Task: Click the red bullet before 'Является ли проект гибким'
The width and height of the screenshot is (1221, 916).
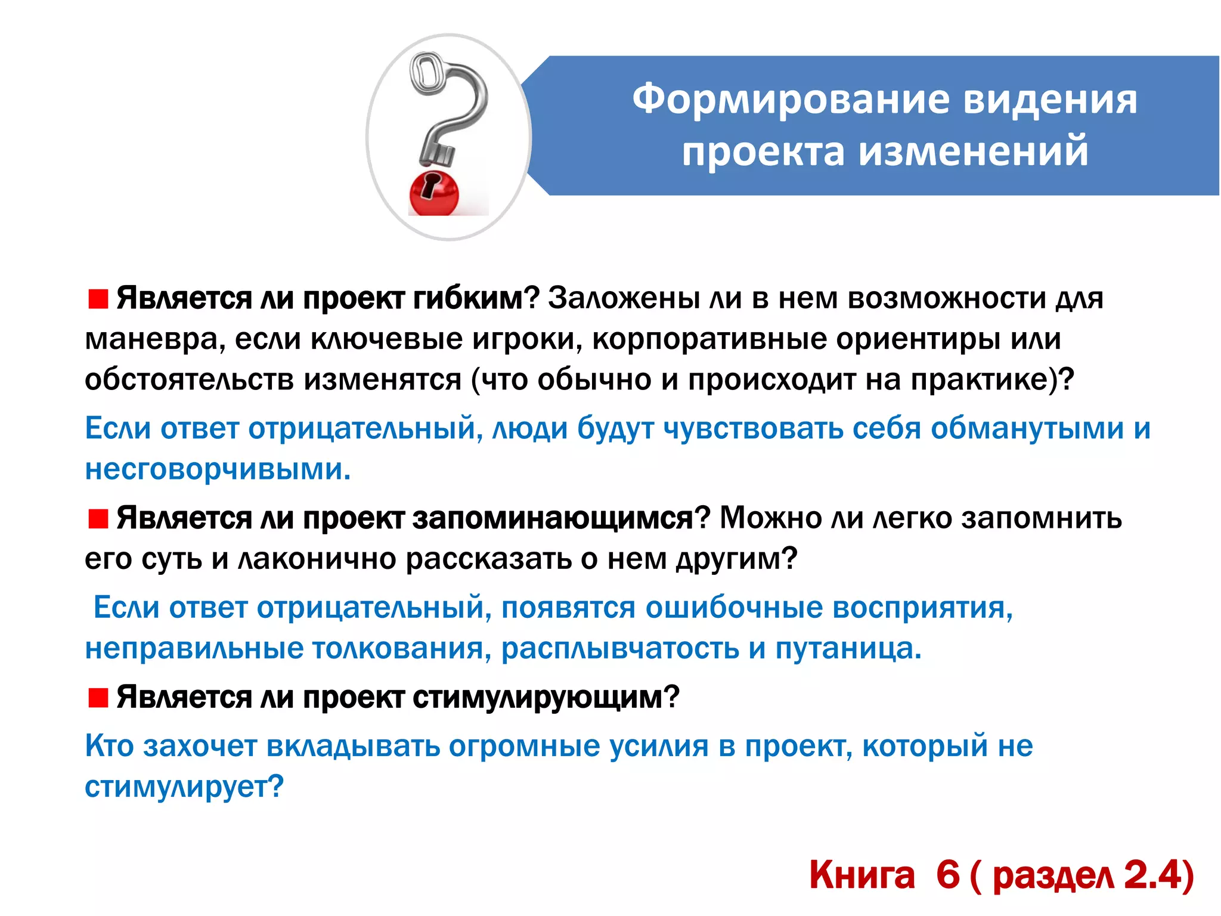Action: (x=98, y=299)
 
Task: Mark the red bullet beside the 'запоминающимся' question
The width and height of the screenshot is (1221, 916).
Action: (x=98, y=519)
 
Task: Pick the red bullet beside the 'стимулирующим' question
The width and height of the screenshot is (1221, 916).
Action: (x=98, y=697)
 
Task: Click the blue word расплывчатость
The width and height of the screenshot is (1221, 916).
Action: (x=620, y=649)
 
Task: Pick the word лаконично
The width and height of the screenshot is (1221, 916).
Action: (x=317, y=559)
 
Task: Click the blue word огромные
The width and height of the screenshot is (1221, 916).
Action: (x=524, y=746)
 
